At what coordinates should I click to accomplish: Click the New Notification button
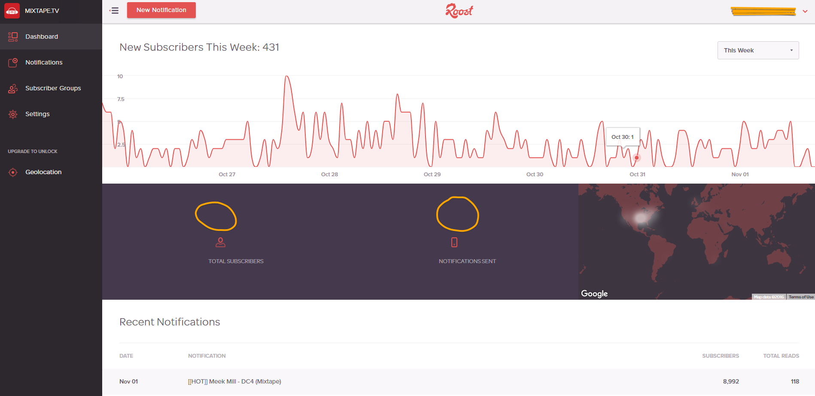pyautogui.click(x=161, y=10)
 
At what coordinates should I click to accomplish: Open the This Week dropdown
pyautogui.click(x=758, y=50)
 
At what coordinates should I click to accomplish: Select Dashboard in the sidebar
pyautogui.click(x=42, y=37)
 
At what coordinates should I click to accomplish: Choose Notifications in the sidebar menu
pyautogui.click(x=44, y=62)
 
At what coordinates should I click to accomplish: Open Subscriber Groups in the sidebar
pyautogui.click(x=53, y=88)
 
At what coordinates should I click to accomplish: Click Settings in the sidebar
pyautogui.click(x=37, y=114)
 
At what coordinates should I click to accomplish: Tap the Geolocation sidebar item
pyautogui.click(x=43, y=172)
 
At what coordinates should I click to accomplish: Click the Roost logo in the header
pyautogui.click(x=459, y=11)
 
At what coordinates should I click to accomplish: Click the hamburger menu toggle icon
pyautogui.click(x=114, y=11)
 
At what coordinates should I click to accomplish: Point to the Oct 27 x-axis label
pyautogui.click(x=227, y=174)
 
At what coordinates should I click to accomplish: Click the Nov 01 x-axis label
pyautogui.click(x=740, y=174)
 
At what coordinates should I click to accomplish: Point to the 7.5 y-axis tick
pyautogui.click(x=121, y=99)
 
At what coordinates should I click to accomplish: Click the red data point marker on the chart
pyautogui.click(x=637, y=158)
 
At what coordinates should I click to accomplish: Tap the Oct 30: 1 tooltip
pyautogui.click(x=622, y=137)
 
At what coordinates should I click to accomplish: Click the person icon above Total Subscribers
pyautogui.click(x=220, y=243)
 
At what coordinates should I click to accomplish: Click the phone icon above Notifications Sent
pyautogui.click(x=454, y=243)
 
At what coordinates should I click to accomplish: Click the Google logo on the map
pyautogui.click(x=594, y=294)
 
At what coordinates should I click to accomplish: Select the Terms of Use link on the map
pyautogui.click(x=801, y=297)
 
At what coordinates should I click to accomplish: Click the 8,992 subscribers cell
pyautogui.click(x=731, y=381)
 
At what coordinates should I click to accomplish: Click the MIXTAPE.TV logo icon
pyautogui.click(x=12, y=11)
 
